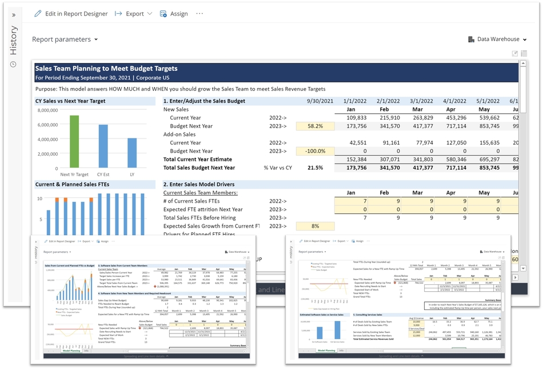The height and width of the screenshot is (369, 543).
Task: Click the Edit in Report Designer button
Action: pyautogui.click(x=71, y=14)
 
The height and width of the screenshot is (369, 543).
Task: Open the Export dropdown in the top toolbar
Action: pyautogui.click(x=134, y=14)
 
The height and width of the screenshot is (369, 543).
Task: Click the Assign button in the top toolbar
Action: pyautogui.click(x=174, y=14)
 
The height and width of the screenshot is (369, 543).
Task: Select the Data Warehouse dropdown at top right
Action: pyautogui.click(x=497, y=39)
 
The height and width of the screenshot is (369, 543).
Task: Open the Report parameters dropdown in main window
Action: pyautogui.click(x=65, y=39)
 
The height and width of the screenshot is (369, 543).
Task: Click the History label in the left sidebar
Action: pyautogui.click(x=14, y=41)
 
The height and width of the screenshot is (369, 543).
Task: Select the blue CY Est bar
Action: pyautogui.click(x=103, y=146)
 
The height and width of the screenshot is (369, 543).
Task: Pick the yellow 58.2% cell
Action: pyautogui.click(x=315, y=126)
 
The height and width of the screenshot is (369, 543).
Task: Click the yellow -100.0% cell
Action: pyautogui.click(x=315, y=151)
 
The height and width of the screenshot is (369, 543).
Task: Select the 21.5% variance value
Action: pyautogui.click(x=315, y=168)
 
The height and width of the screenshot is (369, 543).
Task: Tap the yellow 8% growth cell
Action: pyautogui.click(x=315, y=226)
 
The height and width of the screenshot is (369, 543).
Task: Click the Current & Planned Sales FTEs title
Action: pyautogui.click(x=72, y=184)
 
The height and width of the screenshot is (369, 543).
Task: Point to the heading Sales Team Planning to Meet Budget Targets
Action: pyautogui.click(x=106, y=68)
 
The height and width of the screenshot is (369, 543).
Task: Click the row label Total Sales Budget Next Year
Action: pyautogui.click(x=199, y=168)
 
